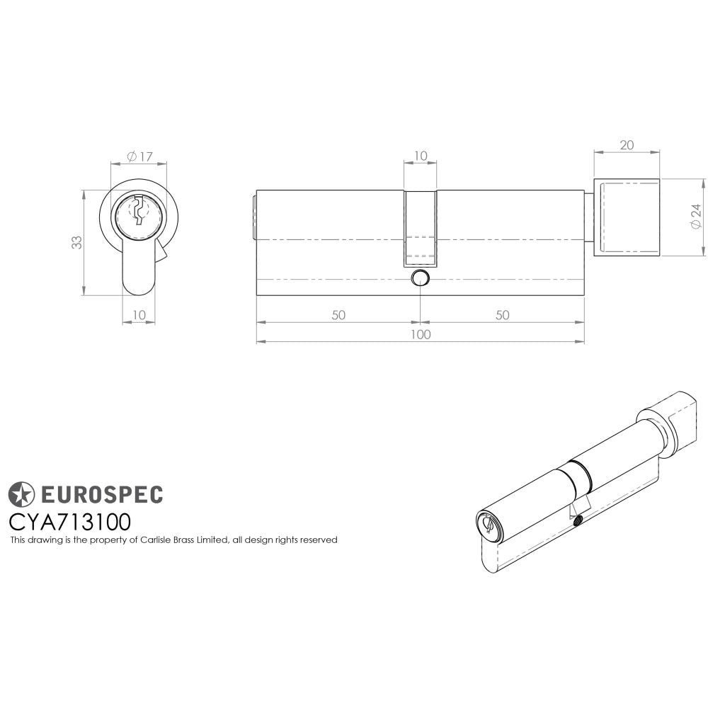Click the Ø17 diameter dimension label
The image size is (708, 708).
tap(140, 156)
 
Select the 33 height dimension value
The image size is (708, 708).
tap(76, 242)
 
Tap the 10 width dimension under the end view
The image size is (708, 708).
tap(139, 314)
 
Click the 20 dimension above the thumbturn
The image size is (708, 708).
tap(626, 145)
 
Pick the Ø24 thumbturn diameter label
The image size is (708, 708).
tap(697, 216)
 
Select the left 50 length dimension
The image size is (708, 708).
tap(338, 315)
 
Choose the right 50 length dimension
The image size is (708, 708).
tap(502, 315)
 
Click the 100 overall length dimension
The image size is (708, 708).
tap(421, 335)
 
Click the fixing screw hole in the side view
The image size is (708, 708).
tap(421, 277)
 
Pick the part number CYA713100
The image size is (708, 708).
tap(69, 522)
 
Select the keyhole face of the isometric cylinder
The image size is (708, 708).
tap(488, 525)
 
